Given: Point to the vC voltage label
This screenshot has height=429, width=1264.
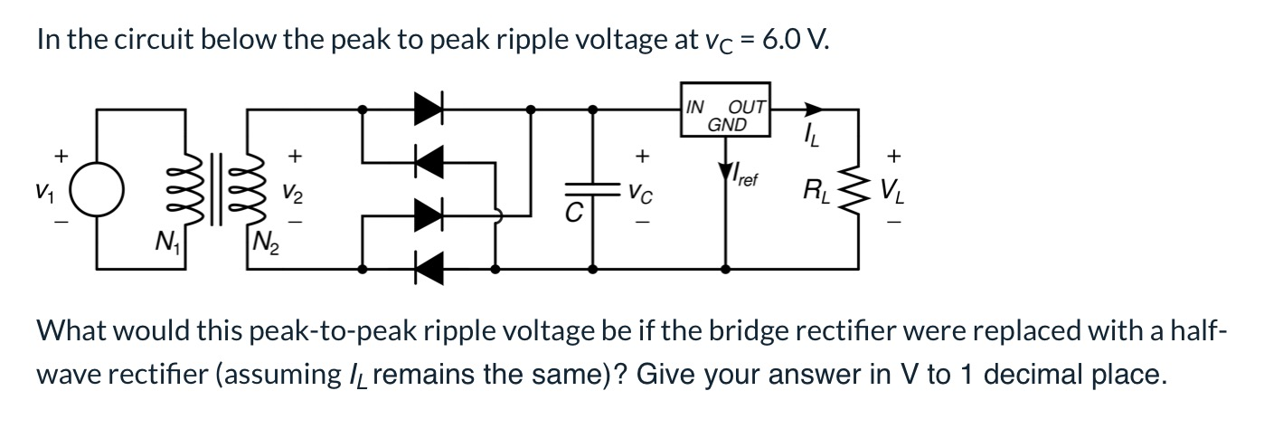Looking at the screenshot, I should [x=641, y=191].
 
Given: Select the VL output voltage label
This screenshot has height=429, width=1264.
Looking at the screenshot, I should [x=893, y=191].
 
